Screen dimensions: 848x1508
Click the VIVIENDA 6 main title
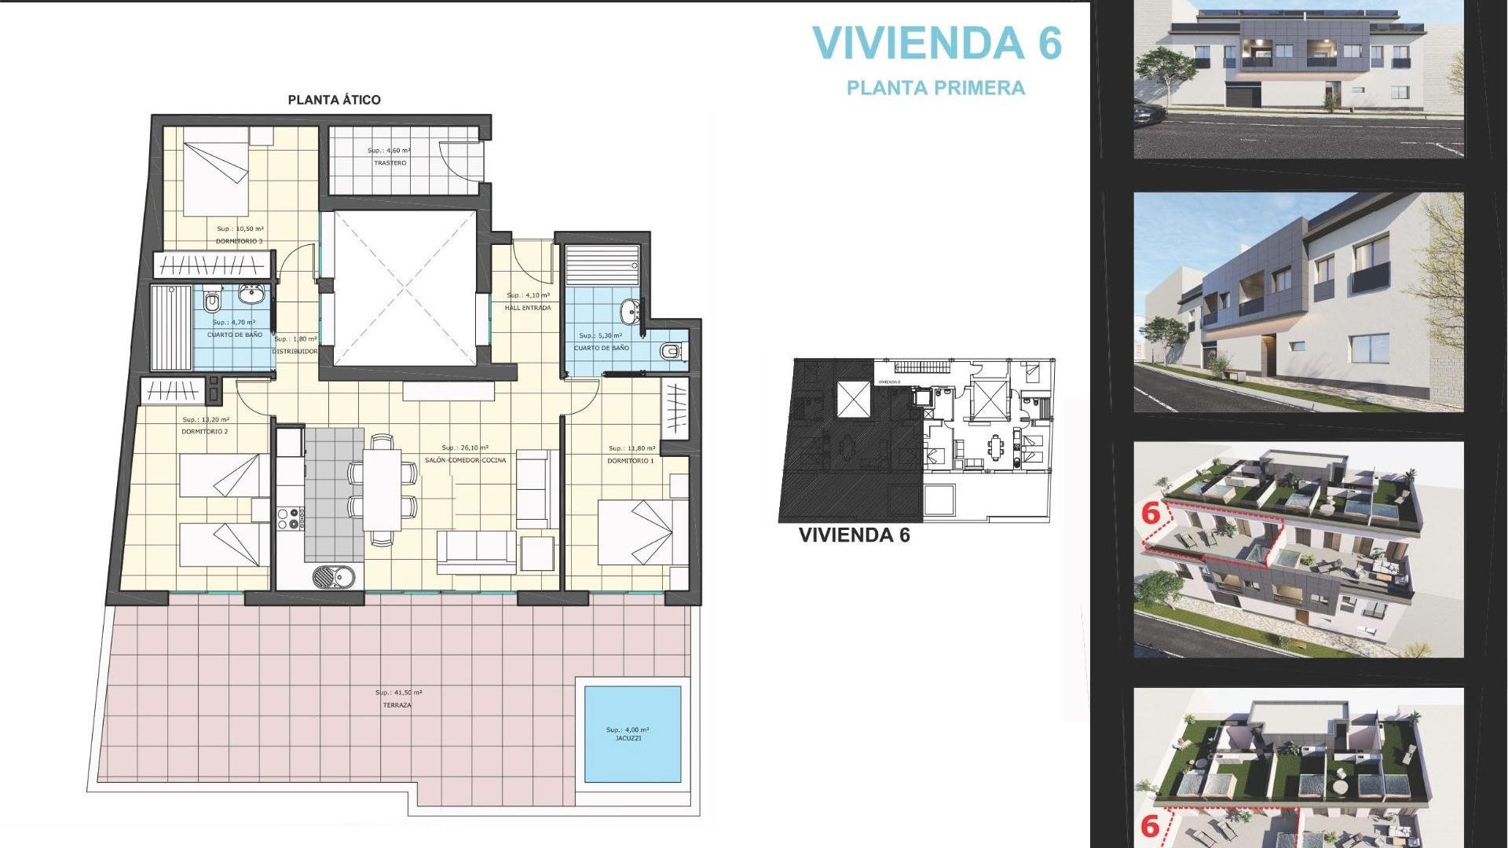[936, 43]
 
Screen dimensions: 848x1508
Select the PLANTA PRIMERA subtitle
[935, 88]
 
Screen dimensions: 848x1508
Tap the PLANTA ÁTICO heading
[334, 100]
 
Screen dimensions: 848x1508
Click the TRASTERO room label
[390, 163]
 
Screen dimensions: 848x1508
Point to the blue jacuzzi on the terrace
[633, 734]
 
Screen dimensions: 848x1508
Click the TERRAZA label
[397, 705]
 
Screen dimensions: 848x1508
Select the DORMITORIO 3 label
[240, 241]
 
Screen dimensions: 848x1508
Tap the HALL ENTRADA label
[528, 308]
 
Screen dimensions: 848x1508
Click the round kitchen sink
[334, 577]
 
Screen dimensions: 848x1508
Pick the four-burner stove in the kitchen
[288, 518]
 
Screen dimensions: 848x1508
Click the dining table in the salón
[382, 490]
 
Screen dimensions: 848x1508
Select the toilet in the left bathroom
[211, 302]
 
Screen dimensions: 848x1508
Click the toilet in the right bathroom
[670, 351]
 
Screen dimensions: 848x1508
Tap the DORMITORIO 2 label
[205, 432]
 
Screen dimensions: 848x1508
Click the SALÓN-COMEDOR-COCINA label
[466, 460]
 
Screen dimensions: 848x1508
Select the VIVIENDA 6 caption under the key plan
[854, 535]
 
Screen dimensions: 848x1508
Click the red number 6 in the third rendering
[1151, 514]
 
